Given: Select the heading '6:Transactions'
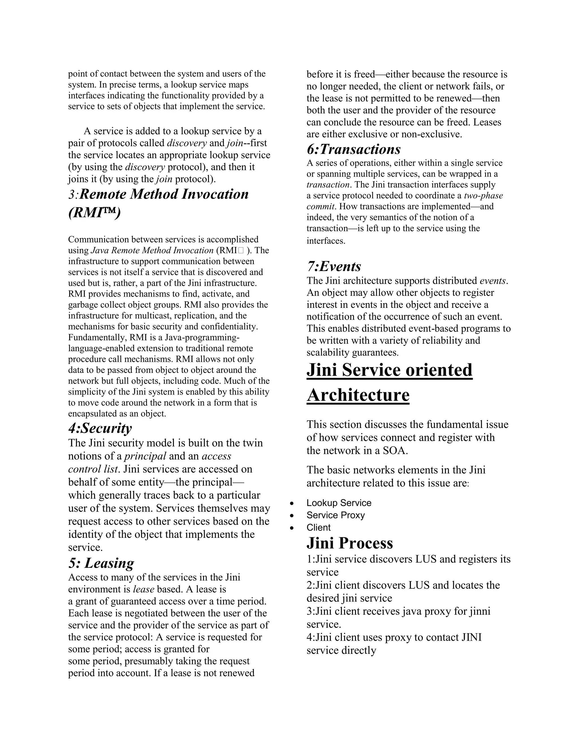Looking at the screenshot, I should click(353, 150).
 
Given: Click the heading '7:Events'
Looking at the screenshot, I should click(334, 267).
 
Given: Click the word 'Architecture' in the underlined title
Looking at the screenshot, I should click(358, 395).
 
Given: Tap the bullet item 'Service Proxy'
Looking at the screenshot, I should click(336, 516).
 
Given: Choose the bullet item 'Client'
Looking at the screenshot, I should click(318, 528).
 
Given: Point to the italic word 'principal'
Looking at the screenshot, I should click(145, 456).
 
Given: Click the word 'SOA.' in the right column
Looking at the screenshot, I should click(395, 451).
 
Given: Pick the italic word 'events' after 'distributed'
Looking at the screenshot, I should click(492, 281).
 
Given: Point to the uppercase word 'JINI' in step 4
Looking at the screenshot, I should click(471, 638).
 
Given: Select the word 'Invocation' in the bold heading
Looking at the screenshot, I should click(215, 194).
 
